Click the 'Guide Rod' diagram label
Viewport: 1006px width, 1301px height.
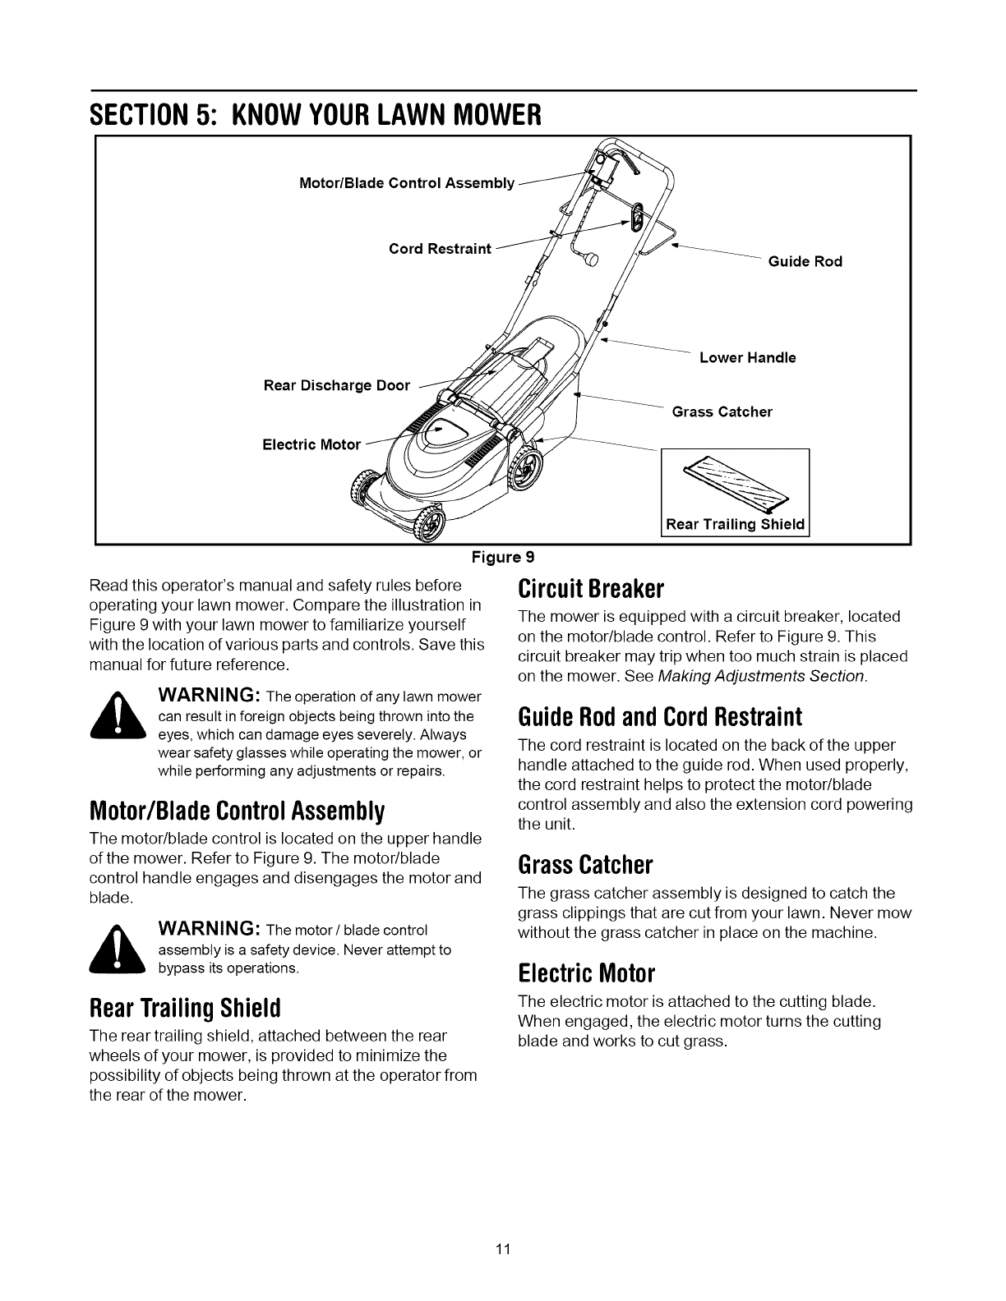pos(805,262)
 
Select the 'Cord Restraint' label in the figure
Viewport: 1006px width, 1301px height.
pos(440,249)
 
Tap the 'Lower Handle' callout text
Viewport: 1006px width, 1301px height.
pos(747,358)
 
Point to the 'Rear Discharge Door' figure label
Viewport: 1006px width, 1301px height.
pos(336,385)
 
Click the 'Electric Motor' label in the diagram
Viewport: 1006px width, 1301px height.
pos(311,445)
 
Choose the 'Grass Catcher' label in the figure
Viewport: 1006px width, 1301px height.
pos(722,411)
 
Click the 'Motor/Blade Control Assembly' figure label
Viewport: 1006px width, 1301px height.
pos(406,183)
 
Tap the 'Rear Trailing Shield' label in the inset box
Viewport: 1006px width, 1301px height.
pos(735,524)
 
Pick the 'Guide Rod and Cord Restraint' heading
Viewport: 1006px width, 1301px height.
pos(659,717)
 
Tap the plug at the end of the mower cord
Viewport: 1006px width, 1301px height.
pos(590,260)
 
